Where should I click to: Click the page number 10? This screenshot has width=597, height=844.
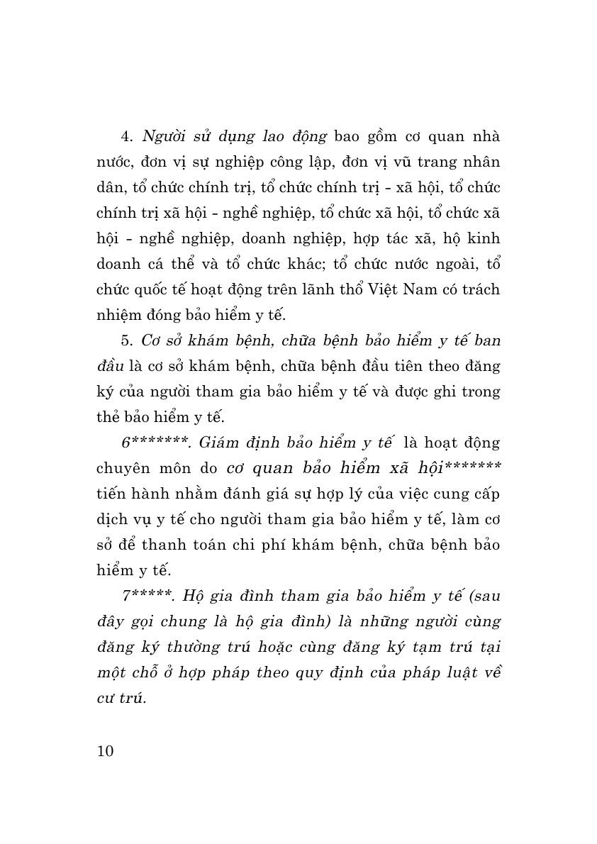[x=105, y=751]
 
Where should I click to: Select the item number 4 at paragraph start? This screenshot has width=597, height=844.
[x=125, y=135]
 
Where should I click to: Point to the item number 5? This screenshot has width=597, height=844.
[x=125, y=340]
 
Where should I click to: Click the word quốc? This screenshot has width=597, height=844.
[x=156, y=289]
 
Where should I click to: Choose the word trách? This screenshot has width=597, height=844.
[x=479, y=289]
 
